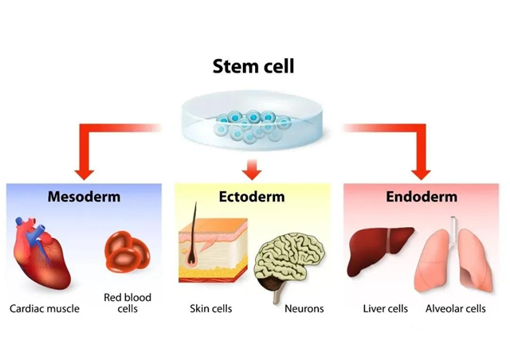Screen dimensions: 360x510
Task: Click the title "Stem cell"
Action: coord(253,66)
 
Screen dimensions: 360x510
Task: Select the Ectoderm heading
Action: coord(252,197)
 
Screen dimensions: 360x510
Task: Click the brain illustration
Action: coord(291,263)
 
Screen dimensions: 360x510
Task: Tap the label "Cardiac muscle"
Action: coord(45,308)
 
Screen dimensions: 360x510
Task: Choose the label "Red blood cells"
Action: coord(127,303)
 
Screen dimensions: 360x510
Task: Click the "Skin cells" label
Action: coord(210,308)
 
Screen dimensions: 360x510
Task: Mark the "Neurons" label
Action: coord(304,308)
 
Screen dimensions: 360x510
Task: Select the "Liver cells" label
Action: coord(386,308)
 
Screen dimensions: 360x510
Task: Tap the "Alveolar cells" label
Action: coord(456,308)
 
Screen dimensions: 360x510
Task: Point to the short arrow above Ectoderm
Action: coord(253,168)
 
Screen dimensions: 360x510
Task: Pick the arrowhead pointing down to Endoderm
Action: coord(422,169)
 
